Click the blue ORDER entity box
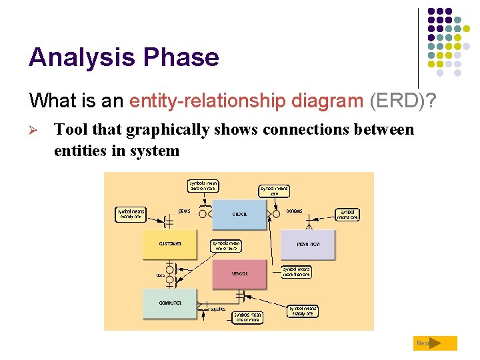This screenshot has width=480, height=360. (240, 214)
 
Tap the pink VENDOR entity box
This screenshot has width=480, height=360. (239, 274)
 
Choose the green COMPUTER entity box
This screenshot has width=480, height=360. (169, 303)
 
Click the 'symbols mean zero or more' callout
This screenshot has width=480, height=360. (203, 186)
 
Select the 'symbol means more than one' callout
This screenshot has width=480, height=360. (296, 271)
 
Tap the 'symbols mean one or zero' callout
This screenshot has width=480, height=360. (226, 246)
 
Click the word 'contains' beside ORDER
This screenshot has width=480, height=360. (294, 211)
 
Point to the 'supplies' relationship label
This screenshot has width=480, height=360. (217, 309)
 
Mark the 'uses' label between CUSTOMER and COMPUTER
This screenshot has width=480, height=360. (160, 275)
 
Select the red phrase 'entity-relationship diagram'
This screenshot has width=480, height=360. (246, 101)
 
